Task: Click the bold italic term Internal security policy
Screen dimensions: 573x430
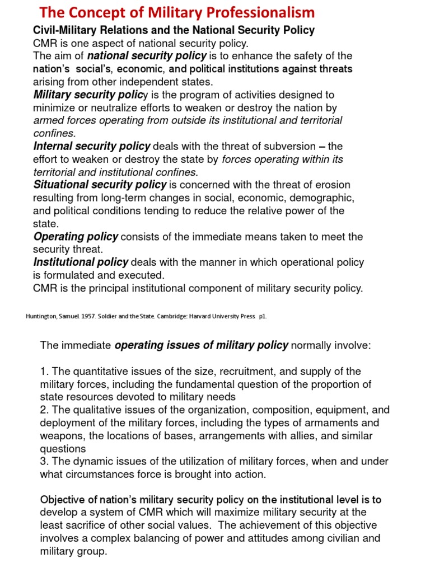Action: pyautogui.click(x=92, y=146)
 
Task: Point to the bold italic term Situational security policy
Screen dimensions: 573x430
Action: pyautogui.click(x=100, y=185)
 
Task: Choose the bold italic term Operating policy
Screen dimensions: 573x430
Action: pyautogui.click(x=76, y=237)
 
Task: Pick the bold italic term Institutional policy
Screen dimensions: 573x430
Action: pyautogui.click(x=81, y=262)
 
